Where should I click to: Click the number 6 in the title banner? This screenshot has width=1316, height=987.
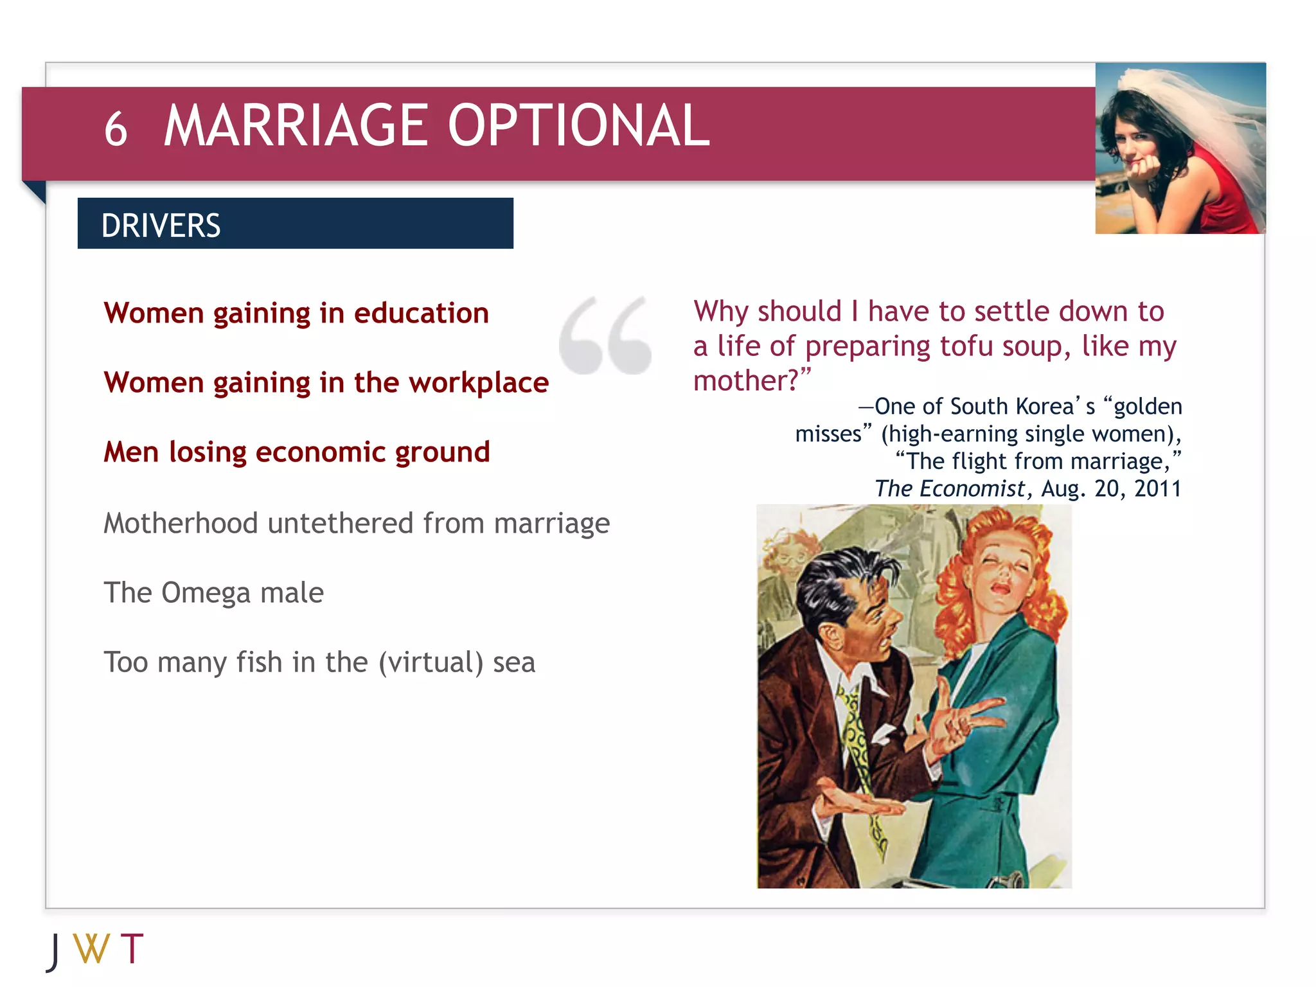[x=116, y=129]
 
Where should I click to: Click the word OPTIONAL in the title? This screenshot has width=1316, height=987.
[x=578, y=126]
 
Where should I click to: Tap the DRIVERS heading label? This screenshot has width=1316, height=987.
[x=161, y=226]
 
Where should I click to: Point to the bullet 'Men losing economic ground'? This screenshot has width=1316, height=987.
[x=296, y=452]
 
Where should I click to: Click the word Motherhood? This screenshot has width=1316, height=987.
[x=181, y=523]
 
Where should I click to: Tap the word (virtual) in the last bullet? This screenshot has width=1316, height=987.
[x=431, y=662]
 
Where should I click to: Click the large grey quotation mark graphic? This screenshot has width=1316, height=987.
[x=605, y=335]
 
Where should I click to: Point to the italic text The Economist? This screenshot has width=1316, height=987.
[x=949, y=489]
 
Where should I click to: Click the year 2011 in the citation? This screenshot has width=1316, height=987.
[x=1157, y=489]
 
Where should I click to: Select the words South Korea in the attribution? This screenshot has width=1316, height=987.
[x=1022, y=407]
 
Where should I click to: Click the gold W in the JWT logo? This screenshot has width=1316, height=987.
[x=91, y=949]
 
